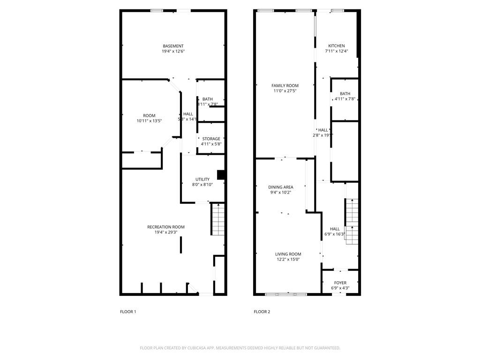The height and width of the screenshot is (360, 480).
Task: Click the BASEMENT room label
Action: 173,46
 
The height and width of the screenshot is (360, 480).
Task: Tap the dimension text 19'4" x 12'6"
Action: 173,52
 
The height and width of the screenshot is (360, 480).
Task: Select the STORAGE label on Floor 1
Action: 211,139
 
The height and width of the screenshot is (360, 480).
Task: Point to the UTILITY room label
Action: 202,180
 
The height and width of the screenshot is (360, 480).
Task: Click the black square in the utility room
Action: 222,175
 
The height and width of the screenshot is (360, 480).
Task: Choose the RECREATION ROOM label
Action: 166,227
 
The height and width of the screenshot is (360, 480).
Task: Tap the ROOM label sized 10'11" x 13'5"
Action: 149,116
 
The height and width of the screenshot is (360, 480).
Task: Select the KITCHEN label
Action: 336,46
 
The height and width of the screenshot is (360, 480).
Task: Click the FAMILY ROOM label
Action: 285,86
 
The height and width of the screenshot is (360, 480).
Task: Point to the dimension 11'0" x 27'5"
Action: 285,91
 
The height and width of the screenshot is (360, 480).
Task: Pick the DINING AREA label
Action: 281,187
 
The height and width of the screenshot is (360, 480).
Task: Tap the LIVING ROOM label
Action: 288,254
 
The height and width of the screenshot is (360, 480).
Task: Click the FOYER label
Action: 340,283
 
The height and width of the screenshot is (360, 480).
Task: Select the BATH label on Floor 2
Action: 345,94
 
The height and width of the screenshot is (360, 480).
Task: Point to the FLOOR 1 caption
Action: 128,312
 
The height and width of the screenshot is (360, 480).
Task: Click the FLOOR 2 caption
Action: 262,312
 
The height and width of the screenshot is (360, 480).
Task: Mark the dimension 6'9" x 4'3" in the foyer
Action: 340,288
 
